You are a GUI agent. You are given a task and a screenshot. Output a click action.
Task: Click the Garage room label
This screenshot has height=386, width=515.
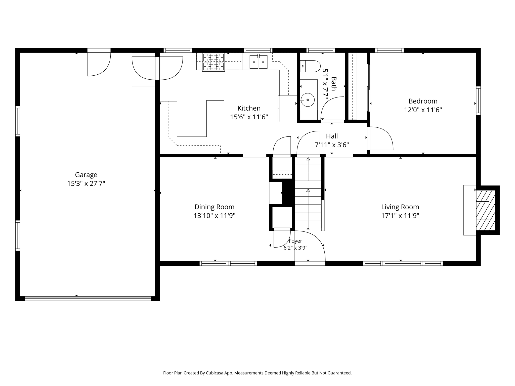86,175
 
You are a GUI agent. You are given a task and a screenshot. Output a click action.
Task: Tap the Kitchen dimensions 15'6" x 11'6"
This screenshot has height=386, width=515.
249,117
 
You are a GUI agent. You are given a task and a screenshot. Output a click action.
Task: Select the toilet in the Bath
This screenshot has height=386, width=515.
310,66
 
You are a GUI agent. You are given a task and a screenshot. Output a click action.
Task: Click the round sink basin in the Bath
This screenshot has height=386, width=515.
308,100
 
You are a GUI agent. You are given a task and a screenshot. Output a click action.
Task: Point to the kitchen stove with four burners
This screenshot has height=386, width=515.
213,62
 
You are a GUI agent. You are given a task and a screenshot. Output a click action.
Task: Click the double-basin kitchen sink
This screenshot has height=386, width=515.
259,62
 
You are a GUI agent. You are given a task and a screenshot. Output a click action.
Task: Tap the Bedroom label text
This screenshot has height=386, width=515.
423,101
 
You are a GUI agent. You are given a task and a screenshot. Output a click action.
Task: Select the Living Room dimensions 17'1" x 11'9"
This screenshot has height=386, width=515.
400,216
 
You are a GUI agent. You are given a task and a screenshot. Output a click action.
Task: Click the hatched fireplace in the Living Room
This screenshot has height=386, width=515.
486,210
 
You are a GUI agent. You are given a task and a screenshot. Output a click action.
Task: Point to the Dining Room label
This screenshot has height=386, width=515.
214,207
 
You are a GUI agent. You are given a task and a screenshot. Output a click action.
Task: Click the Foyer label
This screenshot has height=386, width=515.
295,241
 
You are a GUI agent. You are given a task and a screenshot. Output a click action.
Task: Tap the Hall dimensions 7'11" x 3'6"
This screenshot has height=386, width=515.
332,145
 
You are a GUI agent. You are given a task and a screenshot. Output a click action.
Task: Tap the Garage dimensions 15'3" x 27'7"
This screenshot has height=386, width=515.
86,183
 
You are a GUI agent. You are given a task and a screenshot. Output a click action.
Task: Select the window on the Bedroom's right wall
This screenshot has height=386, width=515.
478,101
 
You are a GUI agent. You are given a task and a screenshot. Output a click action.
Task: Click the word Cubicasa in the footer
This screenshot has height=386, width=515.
215,373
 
